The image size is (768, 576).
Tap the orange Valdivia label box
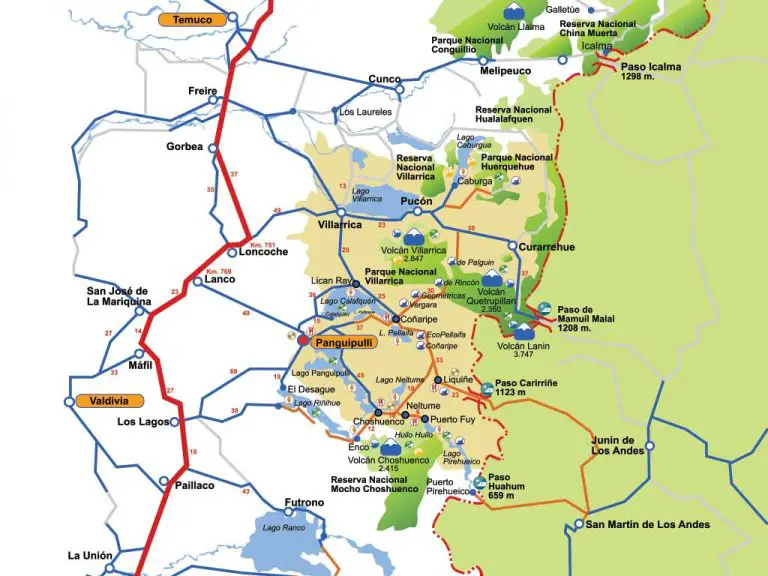(x=101, y=400)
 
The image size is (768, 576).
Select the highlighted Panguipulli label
(x=343, y=341)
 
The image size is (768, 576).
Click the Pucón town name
(x=416, y=200)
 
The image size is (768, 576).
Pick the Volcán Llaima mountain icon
(x=512, y=12)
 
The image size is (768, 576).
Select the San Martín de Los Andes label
(x=647, y=524)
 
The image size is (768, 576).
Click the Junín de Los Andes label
(x=613, y=445)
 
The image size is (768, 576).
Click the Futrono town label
(x=304, y=502)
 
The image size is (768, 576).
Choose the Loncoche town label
(x=264, y=251)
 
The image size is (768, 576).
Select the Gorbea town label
(x=184, y=146)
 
